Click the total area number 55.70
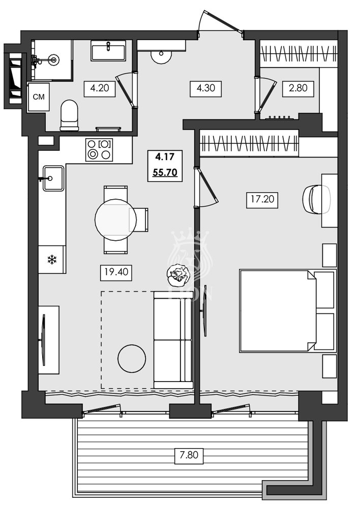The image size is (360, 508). click(x=164, y=172)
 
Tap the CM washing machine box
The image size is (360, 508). click(x=38, y=97)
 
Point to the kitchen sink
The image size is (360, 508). click(x=53, y=178)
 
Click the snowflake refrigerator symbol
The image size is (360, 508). click(x=51, y=260)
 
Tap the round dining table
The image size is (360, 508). click(x=115, y=219)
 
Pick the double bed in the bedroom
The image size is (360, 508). click(x=278, y=311)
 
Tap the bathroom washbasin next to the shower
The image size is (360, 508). click(x=108, y=50)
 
